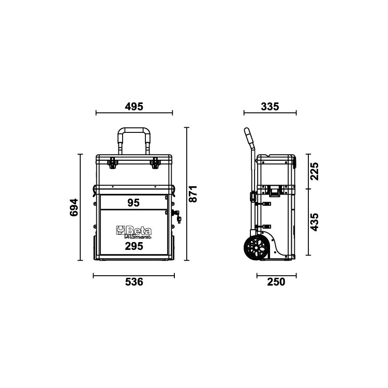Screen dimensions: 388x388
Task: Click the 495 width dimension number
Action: point(134,107)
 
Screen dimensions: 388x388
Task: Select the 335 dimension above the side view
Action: point(270,107)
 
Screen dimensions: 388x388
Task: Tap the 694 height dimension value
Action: point(73,207)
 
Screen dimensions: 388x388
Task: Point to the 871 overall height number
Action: point(192,193)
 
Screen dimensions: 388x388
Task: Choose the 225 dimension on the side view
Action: point(314,171)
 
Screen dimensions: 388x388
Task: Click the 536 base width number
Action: point(134,282)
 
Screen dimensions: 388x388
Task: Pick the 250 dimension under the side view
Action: point(276,282)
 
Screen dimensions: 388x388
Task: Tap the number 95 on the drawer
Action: point(133,203)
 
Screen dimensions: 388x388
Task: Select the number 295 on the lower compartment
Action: point(133,246)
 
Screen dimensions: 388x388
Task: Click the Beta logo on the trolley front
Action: point(133,230)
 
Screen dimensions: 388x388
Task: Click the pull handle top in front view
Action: point(133,130)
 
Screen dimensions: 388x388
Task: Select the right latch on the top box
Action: point(155,163)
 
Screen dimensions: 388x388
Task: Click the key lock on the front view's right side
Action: point(177,217)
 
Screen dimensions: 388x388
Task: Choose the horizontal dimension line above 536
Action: point(133,275)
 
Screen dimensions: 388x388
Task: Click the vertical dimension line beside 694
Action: point(80,207)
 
